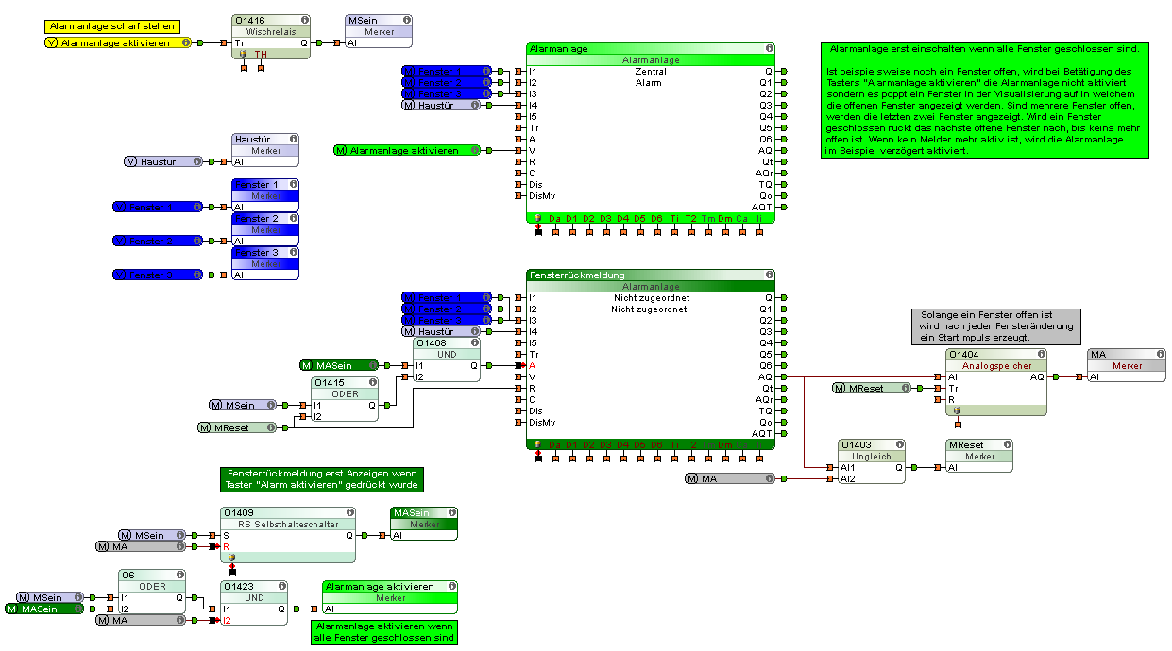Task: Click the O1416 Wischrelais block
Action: (x=271, y=31)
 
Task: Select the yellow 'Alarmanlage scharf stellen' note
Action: (x=111, y=26)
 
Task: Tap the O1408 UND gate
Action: (x=447, y=355)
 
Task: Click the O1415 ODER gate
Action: (x=345, y=394)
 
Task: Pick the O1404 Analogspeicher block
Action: (x=996, y=365)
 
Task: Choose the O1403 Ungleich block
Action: (x=872, y=456)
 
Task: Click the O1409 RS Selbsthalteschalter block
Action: (x=287, y=525)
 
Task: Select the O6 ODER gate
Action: (x=152, y=587)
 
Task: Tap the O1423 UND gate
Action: (x=254, y=598)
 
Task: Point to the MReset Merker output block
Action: (x=979, y=456)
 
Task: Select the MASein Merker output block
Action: (x=424, y=524)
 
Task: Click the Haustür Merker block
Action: (x=265, y=151)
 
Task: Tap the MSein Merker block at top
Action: (x=378, y=31)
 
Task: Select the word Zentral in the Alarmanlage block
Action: (x=651, y=72)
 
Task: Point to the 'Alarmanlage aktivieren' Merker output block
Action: (x=390, y=598)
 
